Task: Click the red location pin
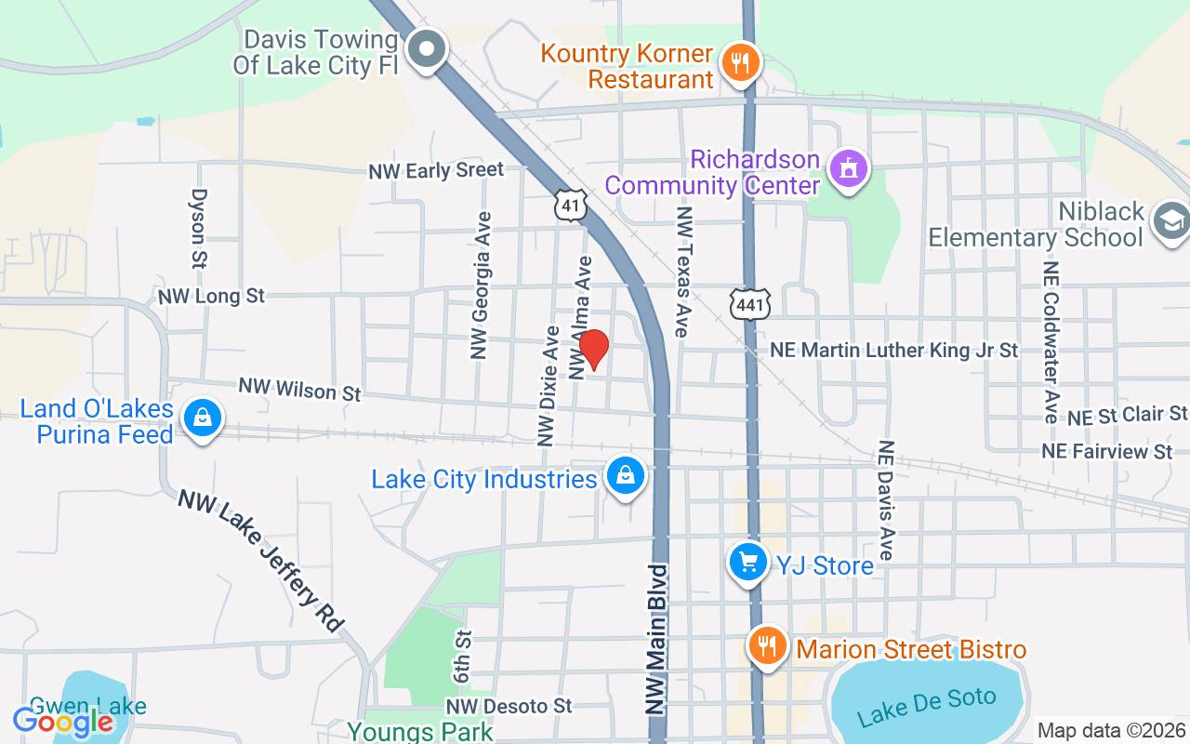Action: [593, 350]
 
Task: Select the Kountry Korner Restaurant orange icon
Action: [741, 63]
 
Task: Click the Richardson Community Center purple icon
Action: [848, 169]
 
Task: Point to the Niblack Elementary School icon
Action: [1170, 221]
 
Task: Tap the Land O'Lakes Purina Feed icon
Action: [202, 419]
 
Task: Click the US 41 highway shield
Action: [570, 206]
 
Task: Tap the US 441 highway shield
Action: [750, 303]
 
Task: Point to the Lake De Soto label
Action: [926, 706]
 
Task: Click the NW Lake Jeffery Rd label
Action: [261, 560]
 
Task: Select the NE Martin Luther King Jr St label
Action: [894, 351]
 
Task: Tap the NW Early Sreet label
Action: [436, 170]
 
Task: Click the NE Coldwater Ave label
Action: [1051, 341]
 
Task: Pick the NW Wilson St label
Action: [299, 389]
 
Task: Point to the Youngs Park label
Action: [420, 732]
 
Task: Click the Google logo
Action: [63, 721]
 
